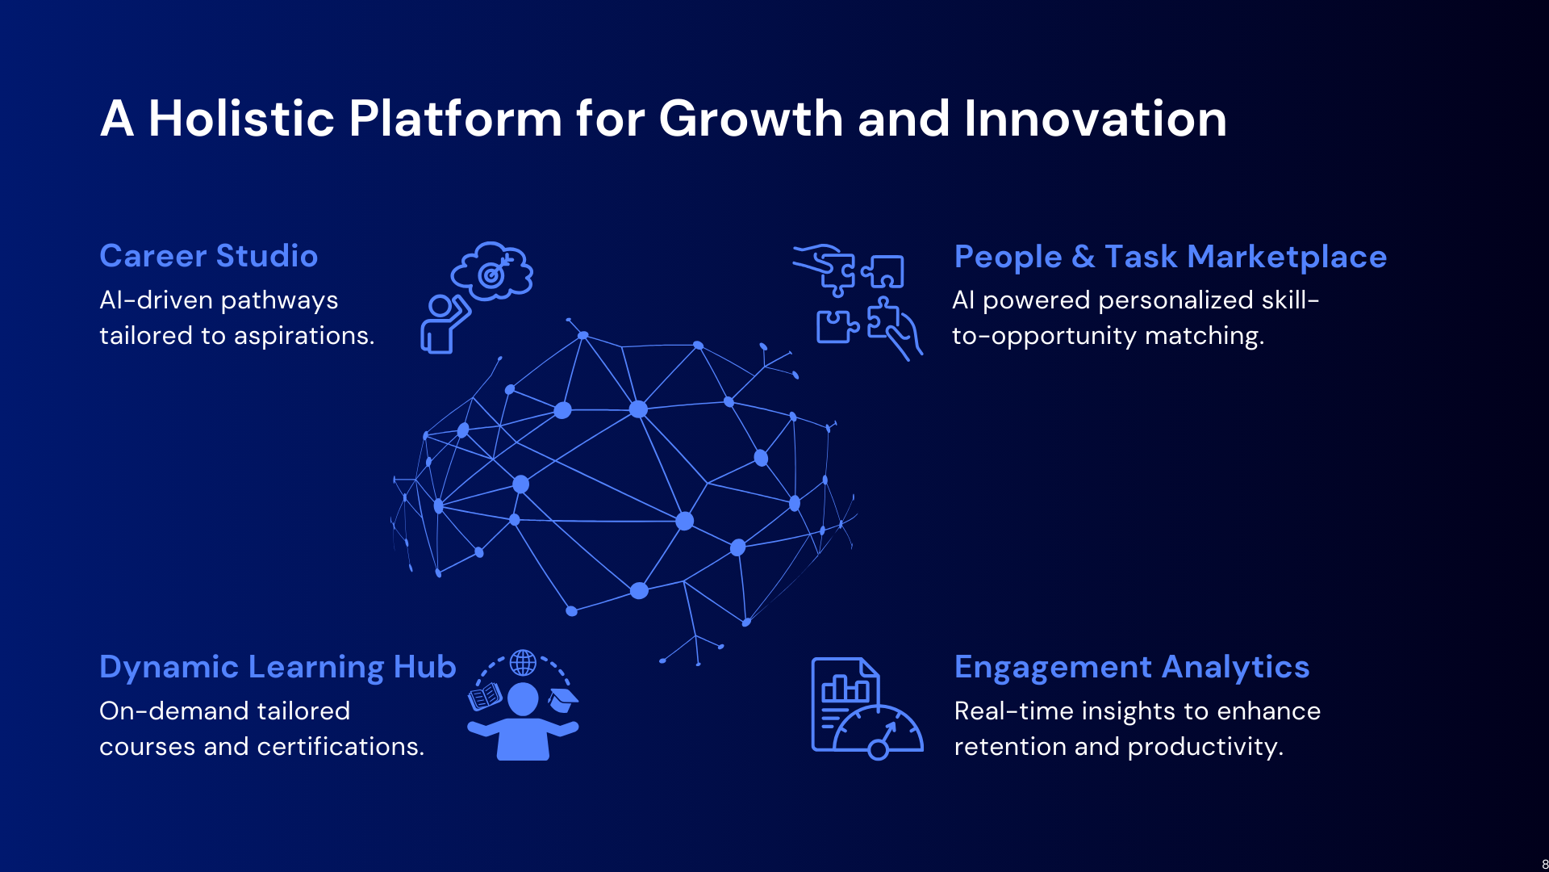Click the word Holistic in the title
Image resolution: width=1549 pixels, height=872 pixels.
click(241, 119)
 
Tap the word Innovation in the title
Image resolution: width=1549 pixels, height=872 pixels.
click(1095, 119)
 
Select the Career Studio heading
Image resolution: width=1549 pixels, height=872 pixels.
click(208, 256)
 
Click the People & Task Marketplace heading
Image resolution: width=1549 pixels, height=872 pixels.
click(1170, 257)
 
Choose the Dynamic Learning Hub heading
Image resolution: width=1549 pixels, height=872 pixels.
click(278, 668)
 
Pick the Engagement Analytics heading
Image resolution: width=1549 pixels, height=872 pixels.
click(1131, 668)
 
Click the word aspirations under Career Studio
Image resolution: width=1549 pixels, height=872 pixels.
click(304, 336)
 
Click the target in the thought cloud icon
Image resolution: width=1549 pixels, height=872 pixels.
click(491, 275)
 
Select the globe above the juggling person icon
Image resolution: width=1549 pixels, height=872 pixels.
click(523, 663)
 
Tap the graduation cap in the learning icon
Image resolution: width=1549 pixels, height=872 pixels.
click(563, 699)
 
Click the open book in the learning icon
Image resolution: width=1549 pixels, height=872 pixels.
click(485, 696)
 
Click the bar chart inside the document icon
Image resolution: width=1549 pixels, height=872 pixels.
click(845, 689)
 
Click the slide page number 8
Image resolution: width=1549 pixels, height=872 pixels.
click(1544, 865)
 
